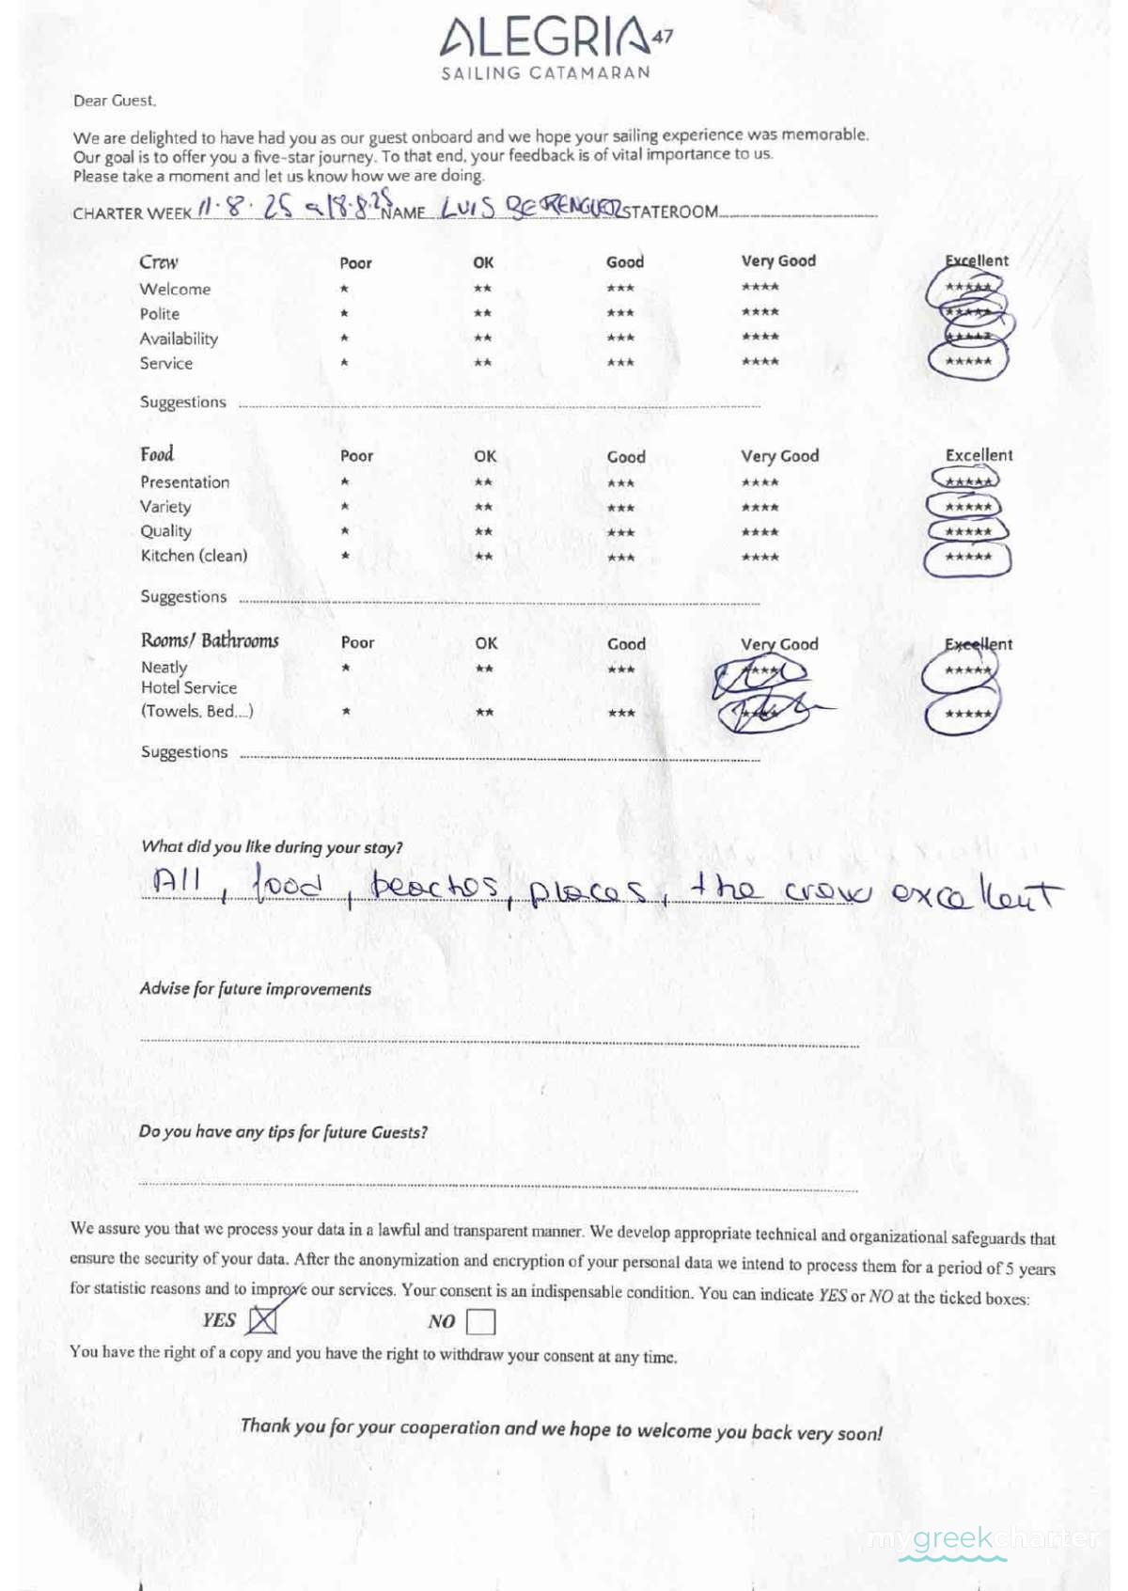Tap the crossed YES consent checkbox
click(x=262, y=1320)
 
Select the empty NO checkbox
click(x=480, y=1321)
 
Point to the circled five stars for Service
click(x=968, y=361)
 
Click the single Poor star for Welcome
click(x=345, y=289)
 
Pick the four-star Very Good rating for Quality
click(x=760, y=532)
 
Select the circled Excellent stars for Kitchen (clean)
click(x=968, y=558)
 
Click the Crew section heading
click(x=159, y=262)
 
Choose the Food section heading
click(x=157, y=455)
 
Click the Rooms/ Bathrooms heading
click(x=210, y=641)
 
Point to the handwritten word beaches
click(x=434, y=886)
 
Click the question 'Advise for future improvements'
click(x=255, y=989)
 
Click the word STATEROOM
click(x=672, y=213)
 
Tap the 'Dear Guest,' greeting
click(x=115, y=101)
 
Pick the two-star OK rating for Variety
click(x=483, y=508)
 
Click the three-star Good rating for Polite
click(x=620, y=313)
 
